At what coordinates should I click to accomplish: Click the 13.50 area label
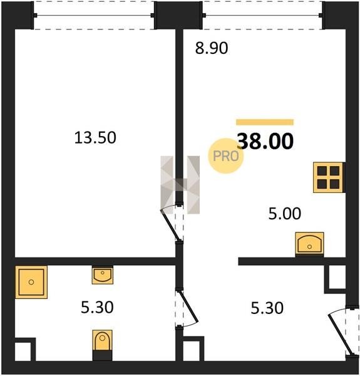pos(95,138)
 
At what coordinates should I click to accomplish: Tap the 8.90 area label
pos(211,48)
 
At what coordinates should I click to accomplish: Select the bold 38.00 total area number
pos(265,141)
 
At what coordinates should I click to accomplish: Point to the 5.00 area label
pos(284,214)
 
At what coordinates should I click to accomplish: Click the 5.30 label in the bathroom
pos(97,308)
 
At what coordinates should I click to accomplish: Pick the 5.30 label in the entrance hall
pos(267,308)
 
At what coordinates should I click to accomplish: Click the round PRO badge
pos(225,156)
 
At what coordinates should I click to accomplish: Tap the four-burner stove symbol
pos(328,177)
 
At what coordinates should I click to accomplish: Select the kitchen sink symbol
pos(310,243)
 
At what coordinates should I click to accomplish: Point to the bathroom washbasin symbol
pos(103,275)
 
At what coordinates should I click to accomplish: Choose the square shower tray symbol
pos(31,282)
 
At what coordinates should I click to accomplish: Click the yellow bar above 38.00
pos(265,122)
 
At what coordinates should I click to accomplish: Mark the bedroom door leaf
pos(170,225)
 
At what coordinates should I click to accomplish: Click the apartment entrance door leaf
pos(341,335)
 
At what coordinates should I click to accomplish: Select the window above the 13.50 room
pos(94,15)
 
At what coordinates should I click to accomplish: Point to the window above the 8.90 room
pos(263,15)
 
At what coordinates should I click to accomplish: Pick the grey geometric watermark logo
pos(180,185)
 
